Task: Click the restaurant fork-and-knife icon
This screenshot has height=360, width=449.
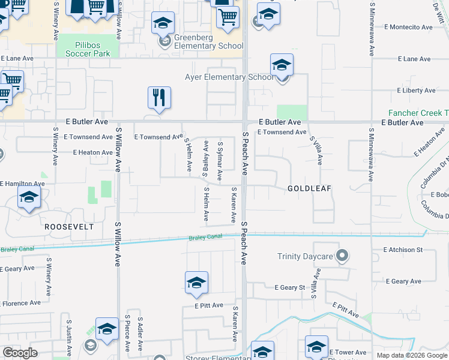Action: tap(159, 98)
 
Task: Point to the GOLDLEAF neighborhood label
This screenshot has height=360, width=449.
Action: tap(309, 188)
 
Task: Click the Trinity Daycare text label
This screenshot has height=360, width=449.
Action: tap(305, 257)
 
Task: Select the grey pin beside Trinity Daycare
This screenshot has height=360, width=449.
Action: tap(342, 257)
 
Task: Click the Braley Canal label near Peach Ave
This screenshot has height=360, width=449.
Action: tap(205, 238)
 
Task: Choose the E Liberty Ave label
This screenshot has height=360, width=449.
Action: tap(416, 91)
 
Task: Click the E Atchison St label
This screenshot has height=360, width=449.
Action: tap(403, 250)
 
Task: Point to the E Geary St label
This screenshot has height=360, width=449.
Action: tap(290, 288)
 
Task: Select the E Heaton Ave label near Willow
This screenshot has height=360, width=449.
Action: tap(93, 153)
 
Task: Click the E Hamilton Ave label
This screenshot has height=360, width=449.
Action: tap(23, 184)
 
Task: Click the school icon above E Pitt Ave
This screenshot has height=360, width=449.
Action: tap(196, 283)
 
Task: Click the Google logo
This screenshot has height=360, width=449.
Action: tap(20, 353)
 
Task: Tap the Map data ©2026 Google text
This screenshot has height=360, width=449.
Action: tap(412, 355)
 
